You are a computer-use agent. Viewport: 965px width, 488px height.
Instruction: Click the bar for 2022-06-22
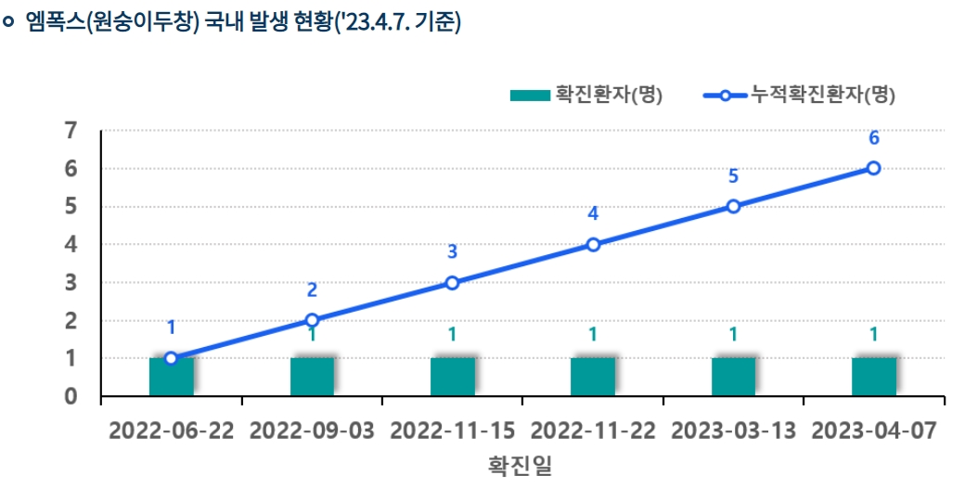pos(172,377)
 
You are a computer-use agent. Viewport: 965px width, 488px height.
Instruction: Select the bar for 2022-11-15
pos(453,377)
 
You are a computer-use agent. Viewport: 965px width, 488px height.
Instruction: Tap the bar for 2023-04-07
pos(874,377)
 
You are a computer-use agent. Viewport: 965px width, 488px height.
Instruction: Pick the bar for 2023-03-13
pos(733,377)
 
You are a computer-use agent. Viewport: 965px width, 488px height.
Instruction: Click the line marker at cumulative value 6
pos(873,168)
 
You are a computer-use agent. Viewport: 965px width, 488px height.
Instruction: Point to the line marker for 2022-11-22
pos(593,245)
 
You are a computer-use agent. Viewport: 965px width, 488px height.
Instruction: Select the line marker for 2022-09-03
pos(312,320)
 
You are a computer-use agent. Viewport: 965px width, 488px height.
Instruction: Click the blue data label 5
pos(733,176)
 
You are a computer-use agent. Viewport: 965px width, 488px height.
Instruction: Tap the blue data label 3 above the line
pos(453,251)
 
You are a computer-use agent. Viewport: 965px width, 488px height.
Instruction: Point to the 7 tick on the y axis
pos(71,131)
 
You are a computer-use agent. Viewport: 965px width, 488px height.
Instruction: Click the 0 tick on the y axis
pos(71,396)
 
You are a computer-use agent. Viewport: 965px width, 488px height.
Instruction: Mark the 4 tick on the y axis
pos(71,245)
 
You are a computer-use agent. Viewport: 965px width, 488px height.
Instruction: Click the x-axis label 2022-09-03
pos(312,431)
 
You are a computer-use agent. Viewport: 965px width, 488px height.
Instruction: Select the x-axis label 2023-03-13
pos(733,431)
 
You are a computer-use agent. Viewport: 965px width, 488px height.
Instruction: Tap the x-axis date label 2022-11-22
pos(593,431)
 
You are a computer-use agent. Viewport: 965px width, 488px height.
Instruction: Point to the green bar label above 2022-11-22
pos(593,334)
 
